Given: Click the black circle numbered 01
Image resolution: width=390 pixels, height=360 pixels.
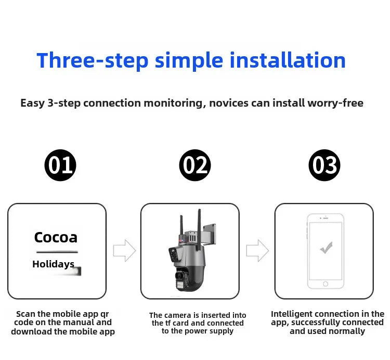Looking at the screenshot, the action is pyautogui.click(x=60, y=165).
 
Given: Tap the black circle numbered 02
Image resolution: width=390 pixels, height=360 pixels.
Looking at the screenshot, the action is pyautogui.click(x=195, y=165).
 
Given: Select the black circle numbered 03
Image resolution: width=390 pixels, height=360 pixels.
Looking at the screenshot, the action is pyautogui.click(x=324, y=165).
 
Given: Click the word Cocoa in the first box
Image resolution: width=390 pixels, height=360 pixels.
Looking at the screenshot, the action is pyautogui.click(x=56, y=237).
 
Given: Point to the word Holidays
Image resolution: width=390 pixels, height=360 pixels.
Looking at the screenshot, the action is pyautogui.click(x=53, y=264).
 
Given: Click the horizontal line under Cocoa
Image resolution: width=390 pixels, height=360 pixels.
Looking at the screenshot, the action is pyautogui.click(x=57, y=252).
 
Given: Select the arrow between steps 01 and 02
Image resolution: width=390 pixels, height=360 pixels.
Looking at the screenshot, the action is pyautogui.click(x=124, y=251).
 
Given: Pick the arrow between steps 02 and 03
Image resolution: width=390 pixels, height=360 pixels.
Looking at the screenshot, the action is pyautogui.click(x=257, y=251).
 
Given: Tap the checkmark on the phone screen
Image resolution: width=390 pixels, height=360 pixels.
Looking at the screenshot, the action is pyautogui.click(x=326, y=248).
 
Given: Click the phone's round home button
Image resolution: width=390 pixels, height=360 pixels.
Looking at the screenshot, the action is pyautogui.click(x=326, y=284).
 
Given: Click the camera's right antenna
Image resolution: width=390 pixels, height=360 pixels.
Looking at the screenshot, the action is pyautogui.click(x=199, y=230).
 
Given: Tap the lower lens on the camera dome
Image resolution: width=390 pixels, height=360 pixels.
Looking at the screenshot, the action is pyautogui.click(x=179, y=275).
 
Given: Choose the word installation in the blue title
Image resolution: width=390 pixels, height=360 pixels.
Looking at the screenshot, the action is pyautogui.click(x=288, y=60).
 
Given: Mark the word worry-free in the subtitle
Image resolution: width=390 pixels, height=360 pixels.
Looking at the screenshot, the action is pyautogui.click(x=335, y=103).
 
